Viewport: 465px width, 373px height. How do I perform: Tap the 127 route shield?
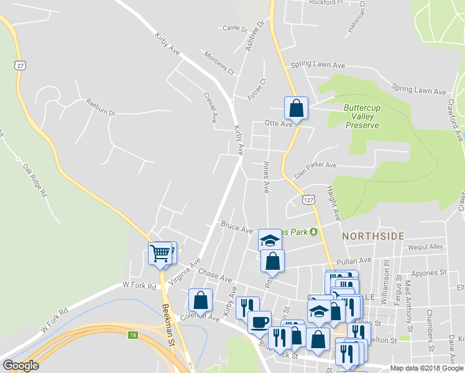308,199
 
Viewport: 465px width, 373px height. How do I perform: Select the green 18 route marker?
132,335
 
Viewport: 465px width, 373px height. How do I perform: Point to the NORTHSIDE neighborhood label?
373,236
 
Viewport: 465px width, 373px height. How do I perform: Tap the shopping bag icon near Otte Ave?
297,108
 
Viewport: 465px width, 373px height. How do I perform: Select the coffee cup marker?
259,322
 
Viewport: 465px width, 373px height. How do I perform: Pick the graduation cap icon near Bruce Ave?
270,240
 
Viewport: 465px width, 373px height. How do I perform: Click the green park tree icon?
313,232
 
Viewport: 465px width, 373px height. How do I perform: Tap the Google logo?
21,366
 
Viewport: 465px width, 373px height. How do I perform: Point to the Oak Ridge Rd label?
35,180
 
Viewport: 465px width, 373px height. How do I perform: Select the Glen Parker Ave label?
315,170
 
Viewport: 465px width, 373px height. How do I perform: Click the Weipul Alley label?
425,247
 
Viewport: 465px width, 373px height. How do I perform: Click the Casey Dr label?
235,29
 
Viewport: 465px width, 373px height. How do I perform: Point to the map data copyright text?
426,368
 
